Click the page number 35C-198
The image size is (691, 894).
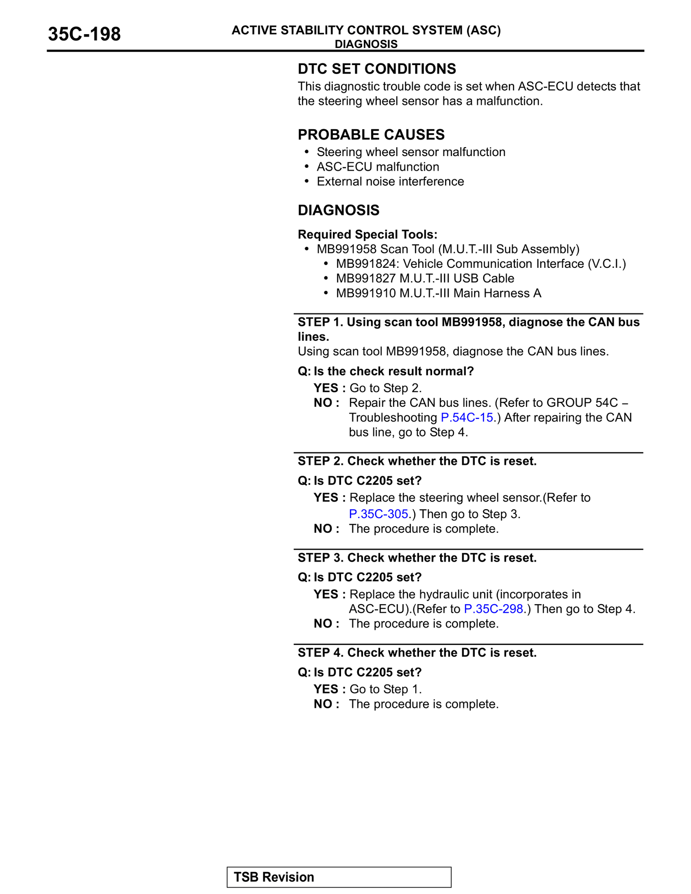pos(84,35)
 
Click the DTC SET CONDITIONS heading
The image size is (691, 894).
pos(377,69)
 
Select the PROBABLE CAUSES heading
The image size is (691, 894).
pos(371,135)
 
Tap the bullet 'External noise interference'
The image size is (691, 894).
pos(390,182)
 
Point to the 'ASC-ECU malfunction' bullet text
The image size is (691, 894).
pos(378,167)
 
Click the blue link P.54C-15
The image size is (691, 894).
pos(467,418)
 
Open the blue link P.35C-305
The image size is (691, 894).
pos(379,514)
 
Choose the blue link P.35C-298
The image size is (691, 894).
pos(494,609)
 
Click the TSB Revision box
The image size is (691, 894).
pos(339,877)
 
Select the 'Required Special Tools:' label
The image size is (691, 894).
pos(367,235)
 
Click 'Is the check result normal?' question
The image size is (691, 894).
pos(394,371)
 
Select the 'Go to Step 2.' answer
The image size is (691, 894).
pos(385,388)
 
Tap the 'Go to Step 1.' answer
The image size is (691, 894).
pos(385,689)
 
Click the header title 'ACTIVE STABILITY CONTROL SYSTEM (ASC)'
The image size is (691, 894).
pos(366,31)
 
